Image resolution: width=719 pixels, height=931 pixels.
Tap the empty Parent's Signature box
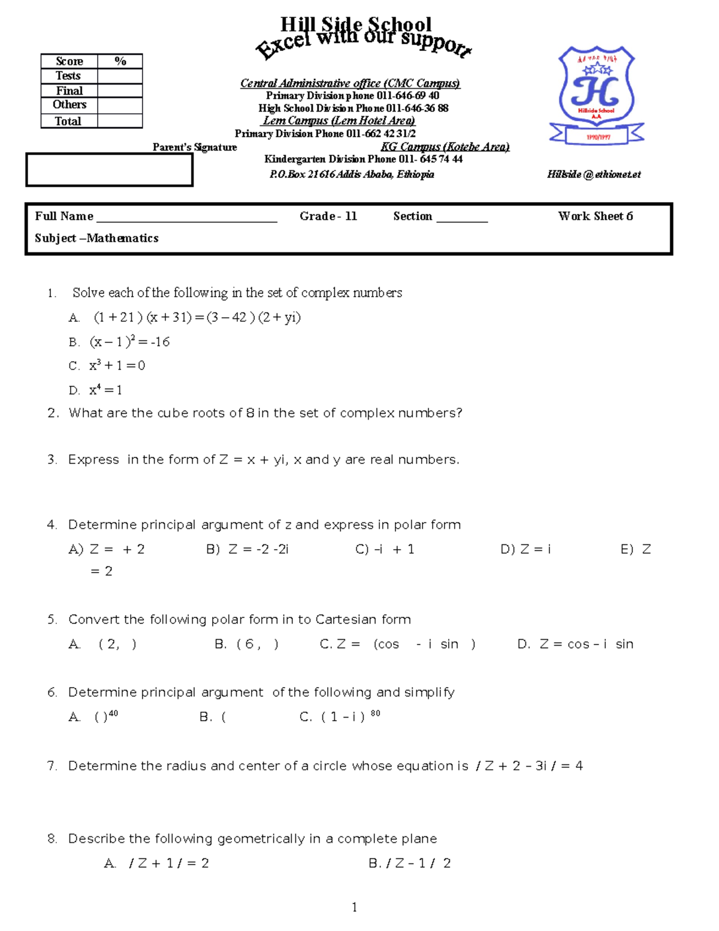[109, 170]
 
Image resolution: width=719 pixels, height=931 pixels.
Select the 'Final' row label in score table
[69, 91]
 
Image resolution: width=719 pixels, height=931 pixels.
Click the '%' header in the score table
[120, 61]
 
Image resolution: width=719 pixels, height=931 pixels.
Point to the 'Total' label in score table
[68, 121]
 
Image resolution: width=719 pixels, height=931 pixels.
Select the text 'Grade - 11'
[328, 216]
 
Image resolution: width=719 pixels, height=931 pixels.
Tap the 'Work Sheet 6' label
[595, 216]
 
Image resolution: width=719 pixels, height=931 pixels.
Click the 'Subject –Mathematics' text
[96, 238]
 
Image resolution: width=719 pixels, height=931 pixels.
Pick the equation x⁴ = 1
[105, 390]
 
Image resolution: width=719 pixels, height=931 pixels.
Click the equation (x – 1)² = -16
[129, 342]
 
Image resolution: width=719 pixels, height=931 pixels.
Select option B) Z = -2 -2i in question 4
[247, 549]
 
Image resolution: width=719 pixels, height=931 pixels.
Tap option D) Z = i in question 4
[525, 549]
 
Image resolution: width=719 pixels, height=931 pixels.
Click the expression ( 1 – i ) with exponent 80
[350, 716]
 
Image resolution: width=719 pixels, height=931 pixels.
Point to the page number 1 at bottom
[355, 907]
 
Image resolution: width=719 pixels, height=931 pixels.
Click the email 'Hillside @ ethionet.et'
[593, 174]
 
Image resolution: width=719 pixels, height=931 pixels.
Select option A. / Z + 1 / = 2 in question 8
[157, 863]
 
